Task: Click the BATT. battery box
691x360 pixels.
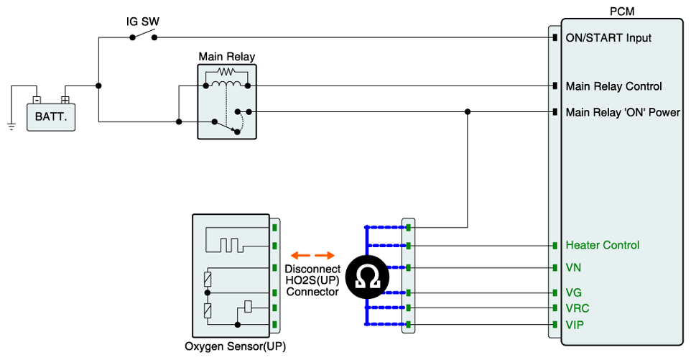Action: pyautogui.click(x=50, y=116)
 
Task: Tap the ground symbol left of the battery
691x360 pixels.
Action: pyautogui.click(x=11, y=126)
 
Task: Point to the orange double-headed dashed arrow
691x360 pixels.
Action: pyautogui.click(x=313, y=255)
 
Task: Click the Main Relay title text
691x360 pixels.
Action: pyautogui.click(x=226, y=57)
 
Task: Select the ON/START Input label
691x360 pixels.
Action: pyautogui.click(x=608, y=37)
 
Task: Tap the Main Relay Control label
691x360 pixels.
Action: pyautogui.click(x=613, y=86)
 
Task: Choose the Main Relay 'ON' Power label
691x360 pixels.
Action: pyautogui.click(x=622, y=112)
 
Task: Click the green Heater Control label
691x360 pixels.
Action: pyautogui.click(x=602, y=245)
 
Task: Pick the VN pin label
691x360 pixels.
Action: pyautogui.click(x=574, y=267)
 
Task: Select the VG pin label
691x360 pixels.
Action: pyautogui.click(x=574, y=292)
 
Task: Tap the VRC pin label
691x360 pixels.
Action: pyautogui.click(x=578, y=308)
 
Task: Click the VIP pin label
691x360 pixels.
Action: pyautogui.click(x=575, y=324)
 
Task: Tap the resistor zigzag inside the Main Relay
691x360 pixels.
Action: pyautogui.click(x=227, y=72)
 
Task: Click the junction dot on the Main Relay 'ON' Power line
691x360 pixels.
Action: pyautogui.click(x=468, y=111)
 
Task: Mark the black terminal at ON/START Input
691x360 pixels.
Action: pyautogui.click(x=555, y=37)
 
